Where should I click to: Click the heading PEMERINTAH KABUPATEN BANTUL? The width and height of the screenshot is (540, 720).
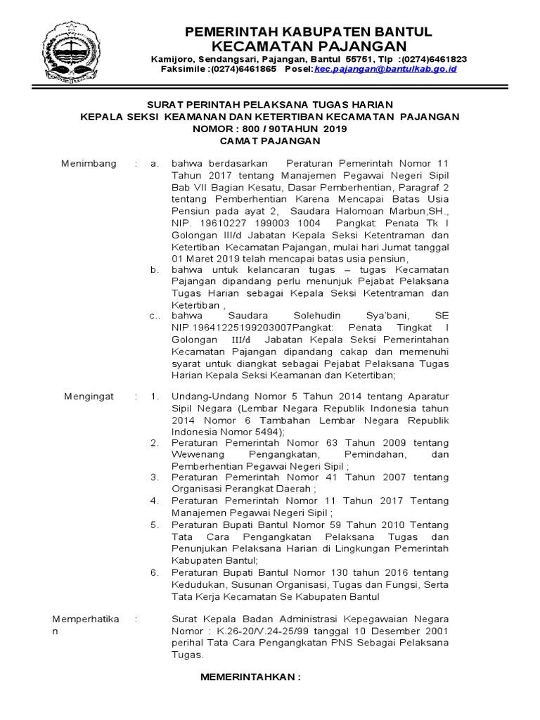coord(308,32)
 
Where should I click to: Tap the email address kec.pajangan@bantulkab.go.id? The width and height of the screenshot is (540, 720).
coord(386,69)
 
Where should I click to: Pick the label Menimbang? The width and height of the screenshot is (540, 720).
coord(88,163)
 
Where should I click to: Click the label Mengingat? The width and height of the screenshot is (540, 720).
coord(89,397)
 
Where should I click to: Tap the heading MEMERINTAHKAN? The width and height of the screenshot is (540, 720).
coord(250,677)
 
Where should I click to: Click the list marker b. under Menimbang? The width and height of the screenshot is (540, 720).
coord(155,269)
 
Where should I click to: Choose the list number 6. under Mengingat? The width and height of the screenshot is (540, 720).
coord(155,572)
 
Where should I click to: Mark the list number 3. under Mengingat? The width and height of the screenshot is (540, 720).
coord(155,477)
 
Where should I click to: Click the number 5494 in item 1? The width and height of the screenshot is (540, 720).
coord(266,431)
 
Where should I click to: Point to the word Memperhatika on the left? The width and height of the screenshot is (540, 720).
coord(86,619)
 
